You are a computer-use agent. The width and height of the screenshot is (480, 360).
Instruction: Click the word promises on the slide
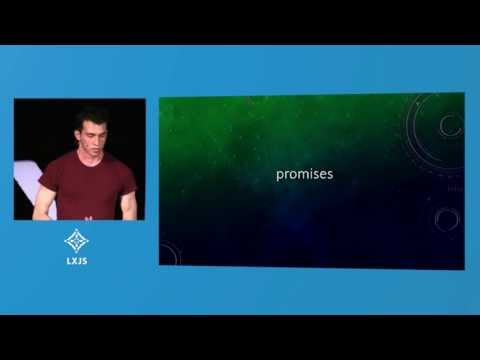304,174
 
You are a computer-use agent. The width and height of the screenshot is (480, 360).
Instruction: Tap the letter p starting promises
280,175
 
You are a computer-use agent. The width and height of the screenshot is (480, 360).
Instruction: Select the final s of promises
329,174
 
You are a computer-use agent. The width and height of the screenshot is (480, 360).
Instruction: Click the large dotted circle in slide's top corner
440,125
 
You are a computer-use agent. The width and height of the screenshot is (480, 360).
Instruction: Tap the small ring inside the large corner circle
451,125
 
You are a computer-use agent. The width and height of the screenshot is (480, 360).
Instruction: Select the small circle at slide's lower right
447,219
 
